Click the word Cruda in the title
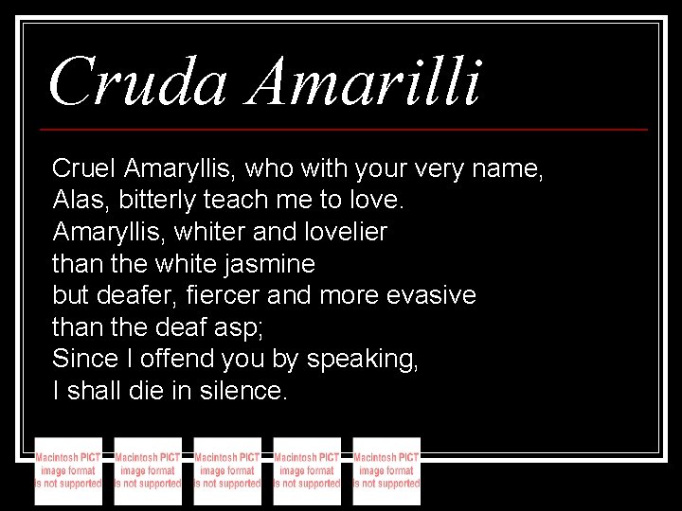(137, 82)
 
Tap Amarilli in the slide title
(365, 82)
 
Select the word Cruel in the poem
(84, 169)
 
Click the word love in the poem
(378, 201)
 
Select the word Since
(82, 359)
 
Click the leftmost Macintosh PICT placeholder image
(68, 470)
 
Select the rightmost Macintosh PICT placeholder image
(386, 470)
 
